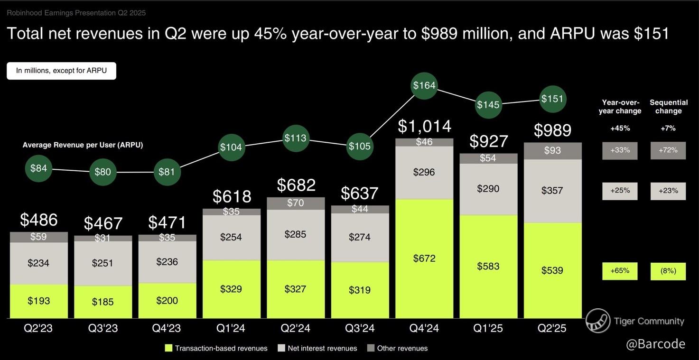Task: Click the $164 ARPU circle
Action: click(x=424, y=86)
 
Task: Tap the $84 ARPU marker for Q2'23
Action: click(x=38, y=168)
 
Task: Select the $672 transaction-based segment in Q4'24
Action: click(x=424, y=258)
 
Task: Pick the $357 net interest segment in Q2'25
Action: click(x=552, y=191)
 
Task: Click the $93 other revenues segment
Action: click(x=552, y=151)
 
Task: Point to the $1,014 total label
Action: click(x=424, y=126)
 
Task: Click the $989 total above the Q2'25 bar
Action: click(x=552, y=130)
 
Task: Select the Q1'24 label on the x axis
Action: click(x=231, y=328)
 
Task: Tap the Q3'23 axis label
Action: click(x=103, y=328)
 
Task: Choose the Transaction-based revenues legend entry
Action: click(x=216, y=348)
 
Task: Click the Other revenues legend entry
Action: click(x=397, y=348)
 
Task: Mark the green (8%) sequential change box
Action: click(x=668, y=271)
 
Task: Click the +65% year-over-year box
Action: click(x=620, y=271)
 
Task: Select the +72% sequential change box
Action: click(x=668, y=150)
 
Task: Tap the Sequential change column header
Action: click(x=668, y=107)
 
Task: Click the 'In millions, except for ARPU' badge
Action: click(x=61, y=71)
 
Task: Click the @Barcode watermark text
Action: click(x=655, y=344)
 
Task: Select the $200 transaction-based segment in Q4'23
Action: click(x=167, y=300)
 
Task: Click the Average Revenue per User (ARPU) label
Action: click(x=83, y=145)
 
